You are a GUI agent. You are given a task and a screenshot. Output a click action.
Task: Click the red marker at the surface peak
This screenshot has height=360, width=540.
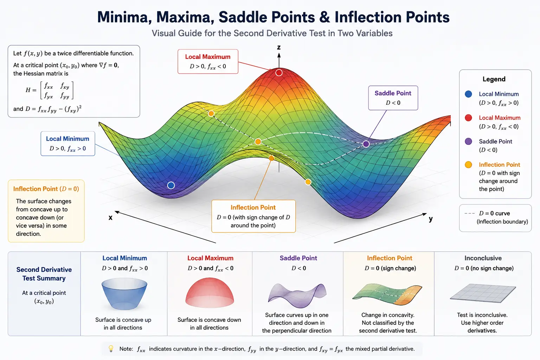[279, 72]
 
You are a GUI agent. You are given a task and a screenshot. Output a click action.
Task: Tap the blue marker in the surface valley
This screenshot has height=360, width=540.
[171, 185]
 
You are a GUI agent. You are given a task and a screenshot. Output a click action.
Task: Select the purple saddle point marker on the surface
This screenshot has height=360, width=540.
[366, 144]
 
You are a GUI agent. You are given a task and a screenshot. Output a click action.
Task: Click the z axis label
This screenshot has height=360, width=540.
[279, 47]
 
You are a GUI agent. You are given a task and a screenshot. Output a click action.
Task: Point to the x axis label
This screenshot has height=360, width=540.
[110, 218]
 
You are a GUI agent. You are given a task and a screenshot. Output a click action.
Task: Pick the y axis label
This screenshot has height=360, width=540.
[431, 219]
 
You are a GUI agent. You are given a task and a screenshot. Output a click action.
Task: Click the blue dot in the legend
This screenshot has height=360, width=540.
[468, 94]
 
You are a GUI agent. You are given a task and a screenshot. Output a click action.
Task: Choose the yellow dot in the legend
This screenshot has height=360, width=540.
[468, 165]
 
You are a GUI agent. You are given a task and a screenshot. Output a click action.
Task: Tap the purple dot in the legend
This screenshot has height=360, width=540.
[468, 141]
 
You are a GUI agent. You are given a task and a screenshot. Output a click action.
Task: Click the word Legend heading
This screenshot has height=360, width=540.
[494, 79]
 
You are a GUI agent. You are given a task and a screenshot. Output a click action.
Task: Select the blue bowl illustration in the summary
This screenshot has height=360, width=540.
[124, 294]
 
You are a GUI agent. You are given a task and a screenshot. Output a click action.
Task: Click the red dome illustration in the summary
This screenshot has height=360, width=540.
[210, 292]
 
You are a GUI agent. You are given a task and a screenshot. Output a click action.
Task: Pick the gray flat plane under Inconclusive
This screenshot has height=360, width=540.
[483, 293]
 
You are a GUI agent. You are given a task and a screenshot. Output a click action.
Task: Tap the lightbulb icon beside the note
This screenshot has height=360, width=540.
[111, 348]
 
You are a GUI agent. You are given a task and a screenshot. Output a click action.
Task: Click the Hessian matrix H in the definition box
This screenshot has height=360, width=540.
[50, 90]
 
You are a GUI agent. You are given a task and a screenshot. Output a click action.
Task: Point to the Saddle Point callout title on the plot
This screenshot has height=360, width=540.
[393, 93]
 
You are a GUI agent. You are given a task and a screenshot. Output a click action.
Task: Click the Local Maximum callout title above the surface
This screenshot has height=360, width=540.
[207, 57]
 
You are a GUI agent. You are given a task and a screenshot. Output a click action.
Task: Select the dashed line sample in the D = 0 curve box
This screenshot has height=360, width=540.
[470, 213]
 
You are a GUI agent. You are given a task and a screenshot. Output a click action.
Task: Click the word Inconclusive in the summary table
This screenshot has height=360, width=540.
[483, 258]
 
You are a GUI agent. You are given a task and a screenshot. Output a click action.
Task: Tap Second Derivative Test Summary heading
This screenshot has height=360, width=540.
[44, 274]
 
